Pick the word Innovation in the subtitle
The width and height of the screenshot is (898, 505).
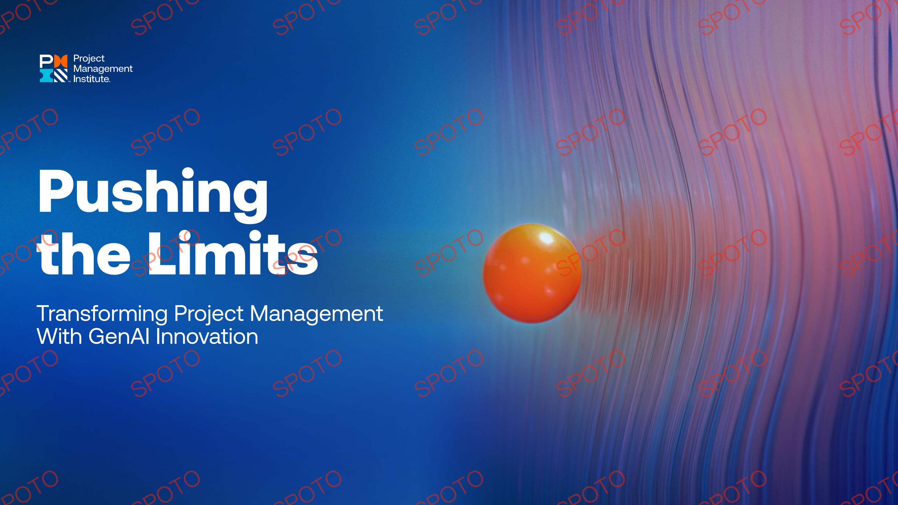(207, 337)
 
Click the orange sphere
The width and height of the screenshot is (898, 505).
(532, 273)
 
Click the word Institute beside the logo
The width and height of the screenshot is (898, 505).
(91, 79)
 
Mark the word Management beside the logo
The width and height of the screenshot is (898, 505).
(103, 69)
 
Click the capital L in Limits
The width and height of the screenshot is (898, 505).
(163, 253)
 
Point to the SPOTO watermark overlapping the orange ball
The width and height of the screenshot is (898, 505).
(590, 252)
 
